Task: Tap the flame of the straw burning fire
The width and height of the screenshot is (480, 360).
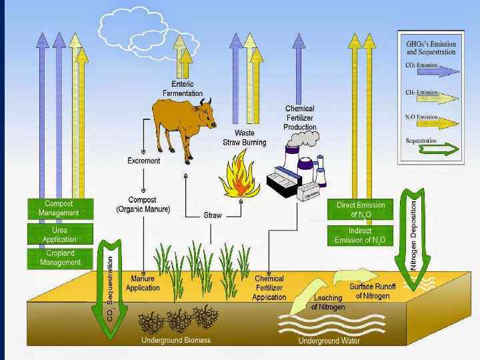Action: tap(239, 177)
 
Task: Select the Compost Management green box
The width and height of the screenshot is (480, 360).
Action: tap(59, 208)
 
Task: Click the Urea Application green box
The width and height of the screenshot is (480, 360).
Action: tap(59, 235)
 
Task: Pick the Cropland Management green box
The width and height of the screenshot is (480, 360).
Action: tap(59, 258)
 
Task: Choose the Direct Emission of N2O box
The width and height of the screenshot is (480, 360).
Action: tap(361, 209)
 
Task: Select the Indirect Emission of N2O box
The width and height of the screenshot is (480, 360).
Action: tap(361, 235)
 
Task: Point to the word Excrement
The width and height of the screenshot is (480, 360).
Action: tap(144, 161)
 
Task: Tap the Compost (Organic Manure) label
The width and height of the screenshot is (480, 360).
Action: tap(143, 205)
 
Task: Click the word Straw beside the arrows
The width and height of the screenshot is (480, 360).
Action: tap(213, 215)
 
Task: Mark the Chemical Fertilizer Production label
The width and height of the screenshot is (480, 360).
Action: tap(299, 117)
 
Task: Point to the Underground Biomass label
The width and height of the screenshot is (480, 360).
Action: tap(175, 341)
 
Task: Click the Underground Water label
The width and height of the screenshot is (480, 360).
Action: tap(329, 341)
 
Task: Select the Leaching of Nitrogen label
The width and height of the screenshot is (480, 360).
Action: tap(328, 303)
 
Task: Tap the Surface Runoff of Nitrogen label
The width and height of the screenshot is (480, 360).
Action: tap(373, 291)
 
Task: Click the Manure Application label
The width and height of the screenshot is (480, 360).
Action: tap(143, 283)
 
